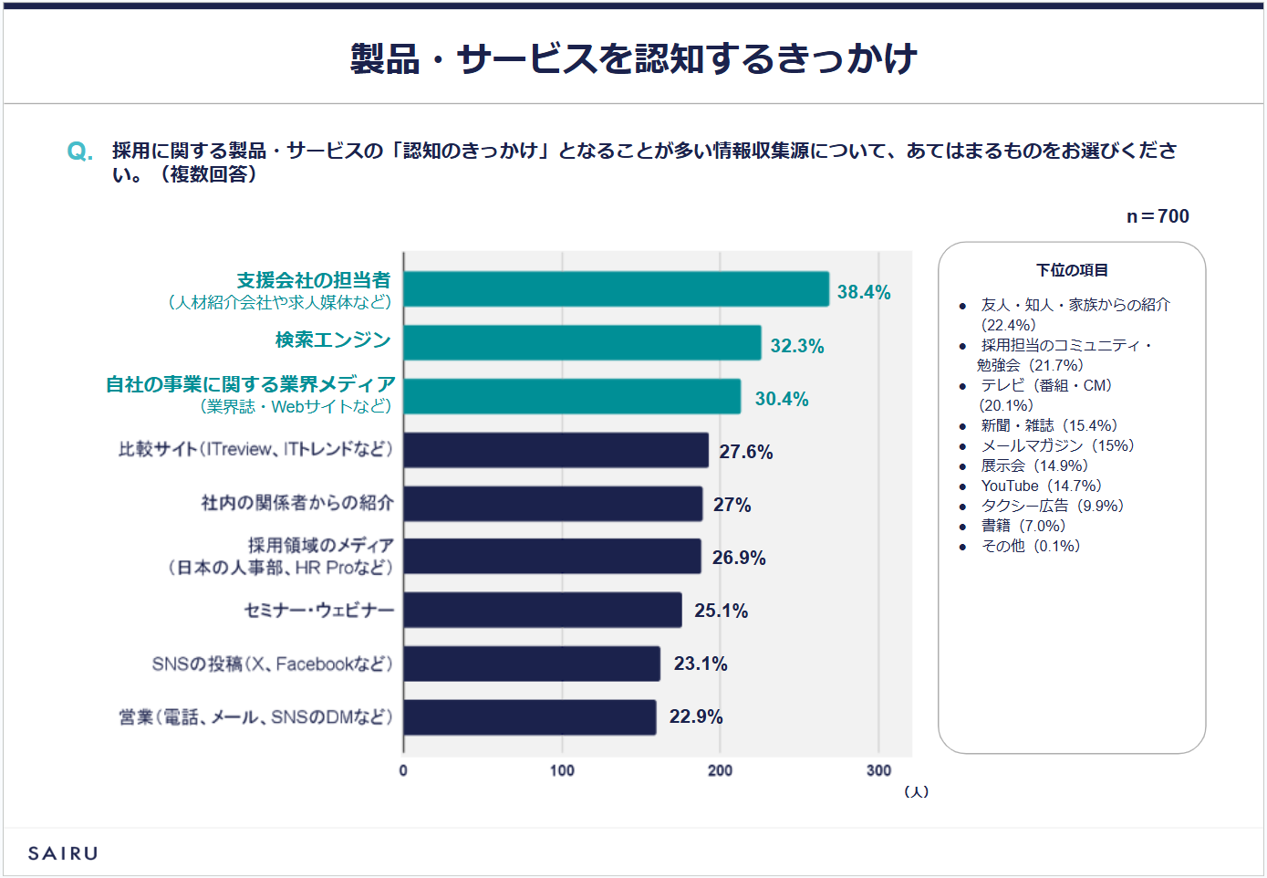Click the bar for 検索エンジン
[582, 343]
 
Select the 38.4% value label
[863, 292]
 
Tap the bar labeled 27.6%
[556, 450]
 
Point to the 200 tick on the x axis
[720, 770]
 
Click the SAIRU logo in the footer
[63, 853]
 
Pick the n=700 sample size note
[1158, 216]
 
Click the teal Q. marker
[80, 152]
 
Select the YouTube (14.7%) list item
[1041, 486]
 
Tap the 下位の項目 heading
[1072, 270]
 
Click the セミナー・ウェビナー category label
[318, 611]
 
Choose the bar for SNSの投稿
[532, 664]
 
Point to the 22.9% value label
[696, 716]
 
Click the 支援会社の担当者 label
[313, 280]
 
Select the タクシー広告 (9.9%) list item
[1052, 506]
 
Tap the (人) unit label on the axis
[916, 791]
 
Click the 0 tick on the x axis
[403, 770]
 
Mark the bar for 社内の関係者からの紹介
[553, 504]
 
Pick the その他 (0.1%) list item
[1030, 546]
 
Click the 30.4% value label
[782, 399]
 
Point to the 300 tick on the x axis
[878, 770]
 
